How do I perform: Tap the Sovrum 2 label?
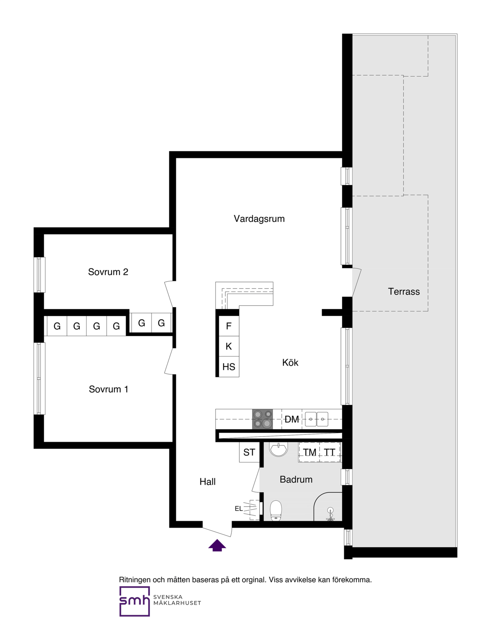[108, 272]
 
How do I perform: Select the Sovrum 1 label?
[109, 389]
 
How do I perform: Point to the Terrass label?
[404, 292]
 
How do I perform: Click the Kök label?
[290, 363]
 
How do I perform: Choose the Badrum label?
[296, 480]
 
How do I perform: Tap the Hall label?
[208, 482]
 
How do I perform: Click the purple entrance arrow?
[217, 545]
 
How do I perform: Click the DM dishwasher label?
[292, 419]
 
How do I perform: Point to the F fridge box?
[229, 326]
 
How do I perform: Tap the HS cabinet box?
[229, 367]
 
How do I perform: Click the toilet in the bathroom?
[276, 511]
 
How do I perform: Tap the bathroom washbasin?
[278, 449]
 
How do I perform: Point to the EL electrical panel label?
[239, 508]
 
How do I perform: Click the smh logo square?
[135, 602]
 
